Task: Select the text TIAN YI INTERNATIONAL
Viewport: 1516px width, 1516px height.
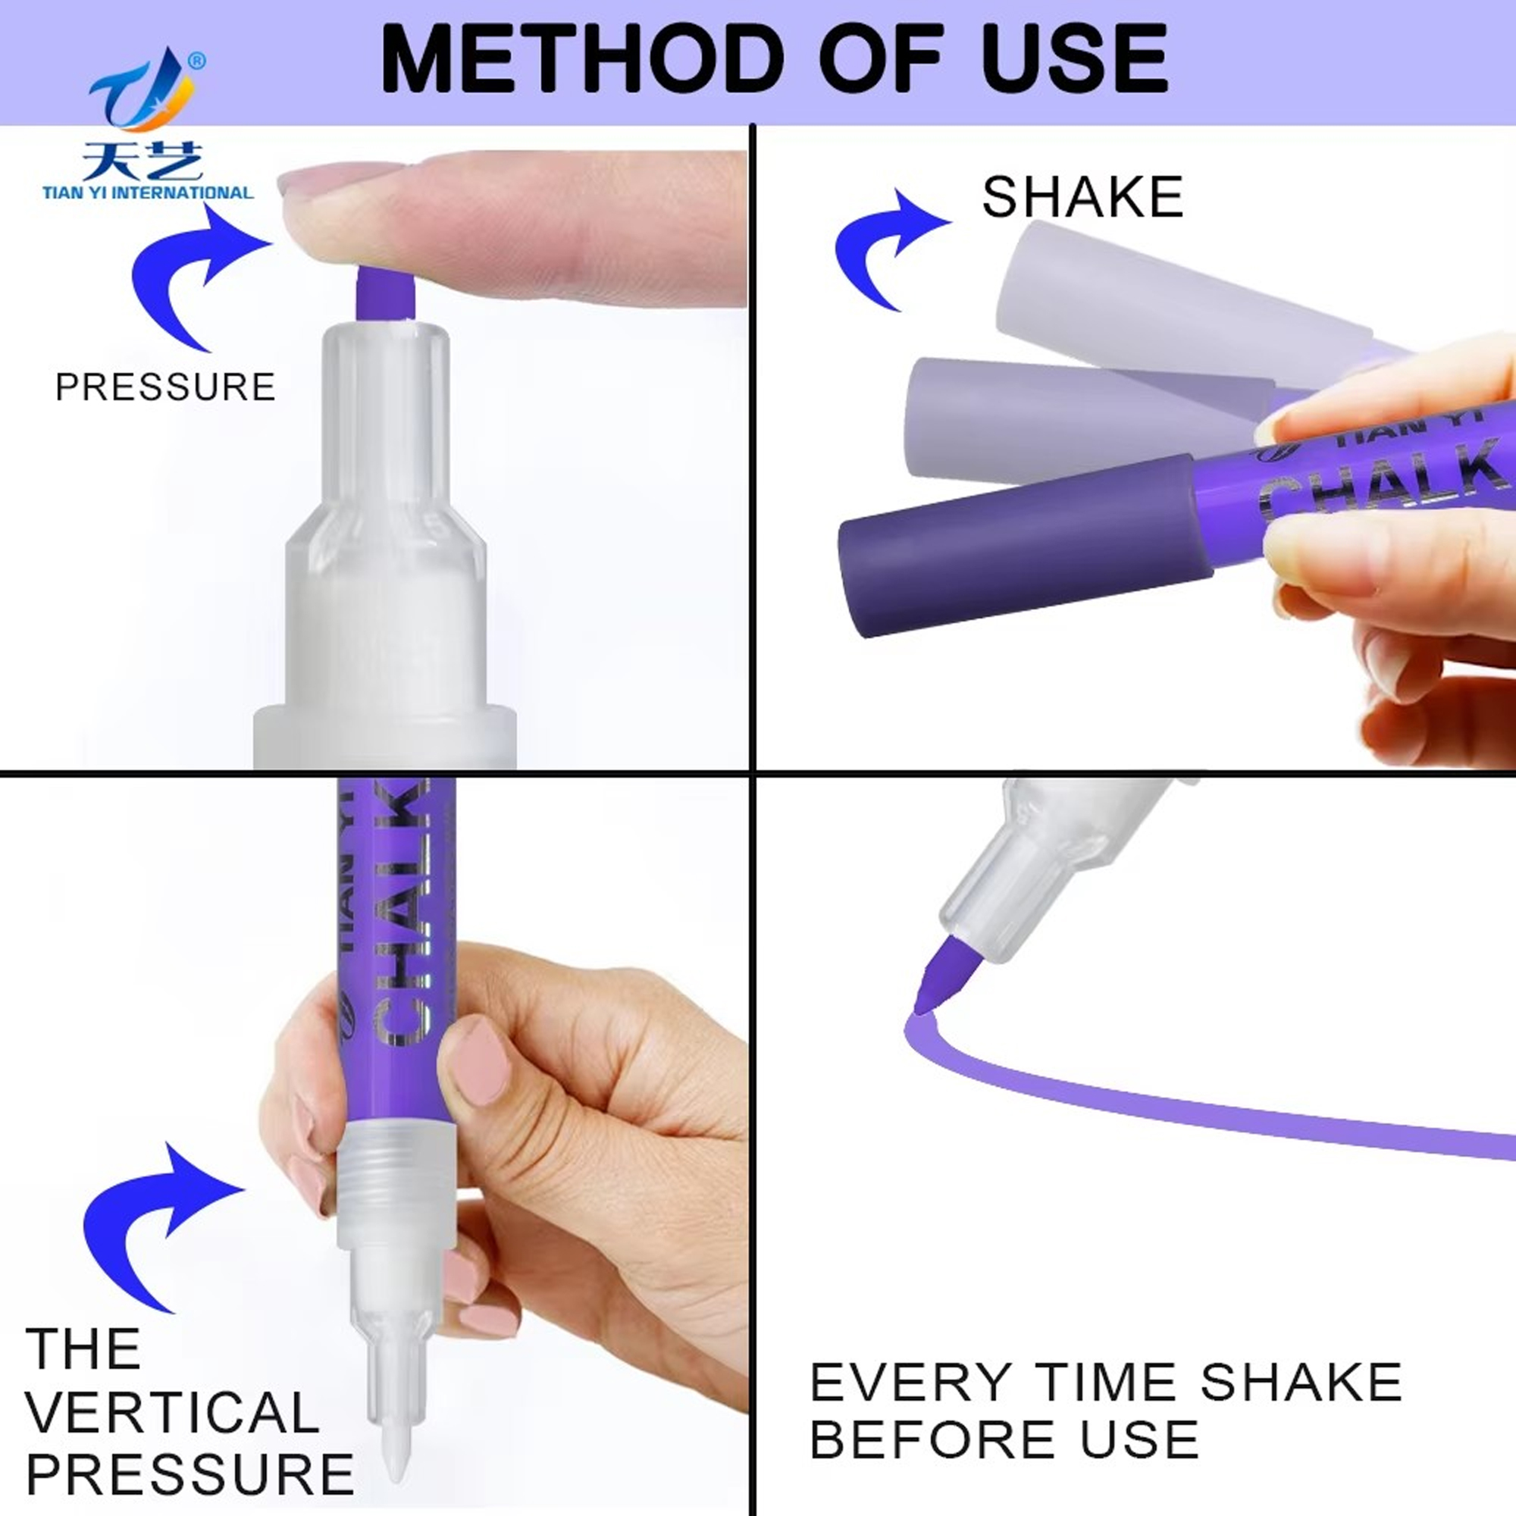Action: (x=149, y=193)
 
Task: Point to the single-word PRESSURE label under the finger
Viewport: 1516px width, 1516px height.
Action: (x=165, y=387)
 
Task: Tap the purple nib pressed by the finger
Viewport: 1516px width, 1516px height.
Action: (x=384, y=292)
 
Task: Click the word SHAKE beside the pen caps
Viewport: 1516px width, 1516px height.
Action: (x=1082, y=197)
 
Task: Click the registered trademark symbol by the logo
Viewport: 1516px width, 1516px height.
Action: (x=198, y=61)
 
